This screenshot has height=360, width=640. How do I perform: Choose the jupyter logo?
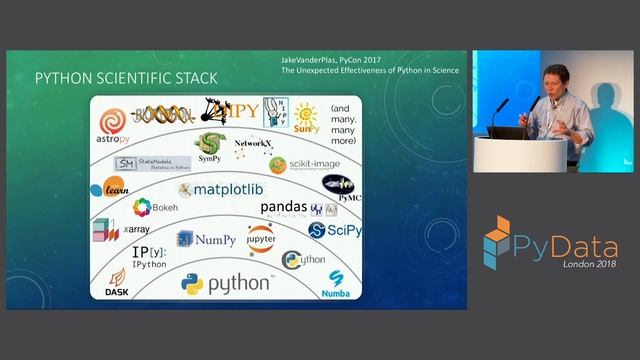pyautogui.click(x=260, y=240)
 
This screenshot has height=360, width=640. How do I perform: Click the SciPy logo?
pyautogui.click(x=335, y=231)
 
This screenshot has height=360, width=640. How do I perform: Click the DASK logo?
pyautogui.click(x=117, y=282)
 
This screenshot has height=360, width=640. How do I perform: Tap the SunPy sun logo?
pyautogui.click(x=305, y=117)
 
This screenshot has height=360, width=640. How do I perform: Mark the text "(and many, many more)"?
pyautogui.click(x=340, y=121)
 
